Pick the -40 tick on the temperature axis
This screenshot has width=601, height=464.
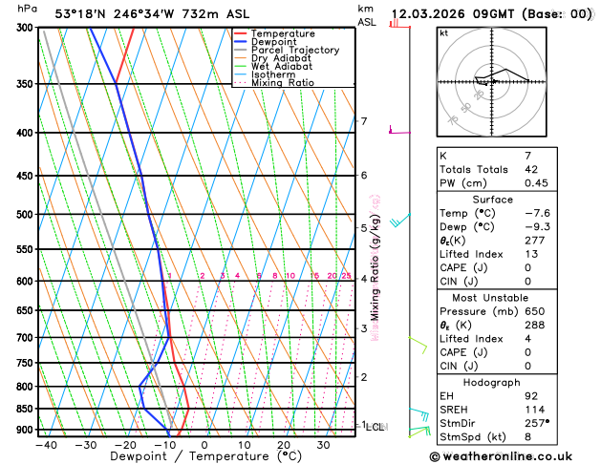click(44, 445)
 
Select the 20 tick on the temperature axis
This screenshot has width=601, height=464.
click(284, 445)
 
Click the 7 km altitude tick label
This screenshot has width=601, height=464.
click(363, 121)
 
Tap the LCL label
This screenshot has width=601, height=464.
click(375, 427)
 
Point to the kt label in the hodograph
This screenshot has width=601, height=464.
click(443, 32)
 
